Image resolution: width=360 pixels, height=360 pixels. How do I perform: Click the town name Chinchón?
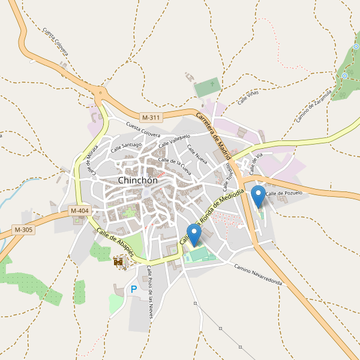[x=138, y=181]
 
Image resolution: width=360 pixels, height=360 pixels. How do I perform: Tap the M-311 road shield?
[x=151, y=116]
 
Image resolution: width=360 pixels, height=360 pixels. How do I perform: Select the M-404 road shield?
[x=79, y=211]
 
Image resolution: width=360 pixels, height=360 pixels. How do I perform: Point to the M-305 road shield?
[x=24, y=230]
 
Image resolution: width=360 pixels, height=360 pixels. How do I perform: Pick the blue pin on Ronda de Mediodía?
[x=193, y=235]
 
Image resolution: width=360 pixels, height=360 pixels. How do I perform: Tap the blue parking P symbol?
[x=134, y=289]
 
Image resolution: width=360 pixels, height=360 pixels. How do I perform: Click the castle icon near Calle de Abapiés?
[x=119, y=262]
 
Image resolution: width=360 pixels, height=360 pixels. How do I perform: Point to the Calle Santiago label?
[x=125, y=146]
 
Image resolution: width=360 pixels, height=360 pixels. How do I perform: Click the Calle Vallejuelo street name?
[x=174, y=142]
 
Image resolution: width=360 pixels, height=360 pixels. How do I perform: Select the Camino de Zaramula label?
[x=313, y=106]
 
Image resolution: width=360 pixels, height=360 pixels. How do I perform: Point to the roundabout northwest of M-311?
[x=100, y=92]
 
